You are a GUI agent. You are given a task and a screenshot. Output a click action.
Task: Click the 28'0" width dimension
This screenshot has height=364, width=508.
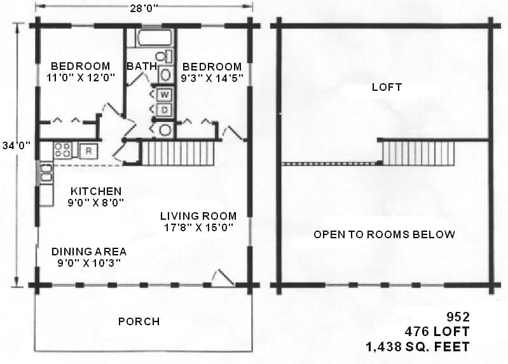144,8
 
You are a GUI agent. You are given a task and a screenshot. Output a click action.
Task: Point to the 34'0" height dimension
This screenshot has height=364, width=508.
16,145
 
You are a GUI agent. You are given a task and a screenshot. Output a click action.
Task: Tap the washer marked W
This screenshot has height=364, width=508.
165,95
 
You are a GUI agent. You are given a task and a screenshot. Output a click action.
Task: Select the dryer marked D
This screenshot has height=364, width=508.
165,110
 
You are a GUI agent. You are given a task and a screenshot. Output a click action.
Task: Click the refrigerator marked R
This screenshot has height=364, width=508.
88,151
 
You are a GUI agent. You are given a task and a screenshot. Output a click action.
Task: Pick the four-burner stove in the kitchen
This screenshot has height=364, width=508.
62,151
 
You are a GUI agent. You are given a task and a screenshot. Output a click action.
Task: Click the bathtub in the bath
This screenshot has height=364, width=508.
154,37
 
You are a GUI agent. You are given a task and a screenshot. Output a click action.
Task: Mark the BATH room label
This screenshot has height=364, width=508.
142,66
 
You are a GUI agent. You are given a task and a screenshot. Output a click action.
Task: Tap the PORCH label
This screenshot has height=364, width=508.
139,321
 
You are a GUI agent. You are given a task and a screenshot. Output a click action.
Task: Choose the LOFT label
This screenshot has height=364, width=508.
387,87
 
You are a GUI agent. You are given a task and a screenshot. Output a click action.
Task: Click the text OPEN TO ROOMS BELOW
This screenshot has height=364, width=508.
384,234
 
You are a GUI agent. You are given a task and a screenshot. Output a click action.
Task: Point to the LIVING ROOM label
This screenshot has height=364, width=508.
198,216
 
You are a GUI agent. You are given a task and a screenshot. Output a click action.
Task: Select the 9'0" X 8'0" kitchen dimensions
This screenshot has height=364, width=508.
96,203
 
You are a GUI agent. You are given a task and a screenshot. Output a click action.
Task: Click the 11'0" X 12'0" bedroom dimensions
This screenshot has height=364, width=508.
81,78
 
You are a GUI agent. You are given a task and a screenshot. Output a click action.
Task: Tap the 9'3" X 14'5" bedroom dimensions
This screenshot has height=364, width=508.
212,78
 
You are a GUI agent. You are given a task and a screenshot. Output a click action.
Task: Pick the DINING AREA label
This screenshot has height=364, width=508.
89,252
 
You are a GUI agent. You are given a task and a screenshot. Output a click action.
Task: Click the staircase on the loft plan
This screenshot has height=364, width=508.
418,153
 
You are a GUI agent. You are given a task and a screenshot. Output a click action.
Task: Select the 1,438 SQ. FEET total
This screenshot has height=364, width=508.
418,347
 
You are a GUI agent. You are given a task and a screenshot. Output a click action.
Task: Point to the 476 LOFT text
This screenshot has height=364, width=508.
437,332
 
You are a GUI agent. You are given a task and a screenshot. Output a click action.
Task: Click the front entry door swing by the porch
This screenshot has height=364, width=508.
223,277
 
